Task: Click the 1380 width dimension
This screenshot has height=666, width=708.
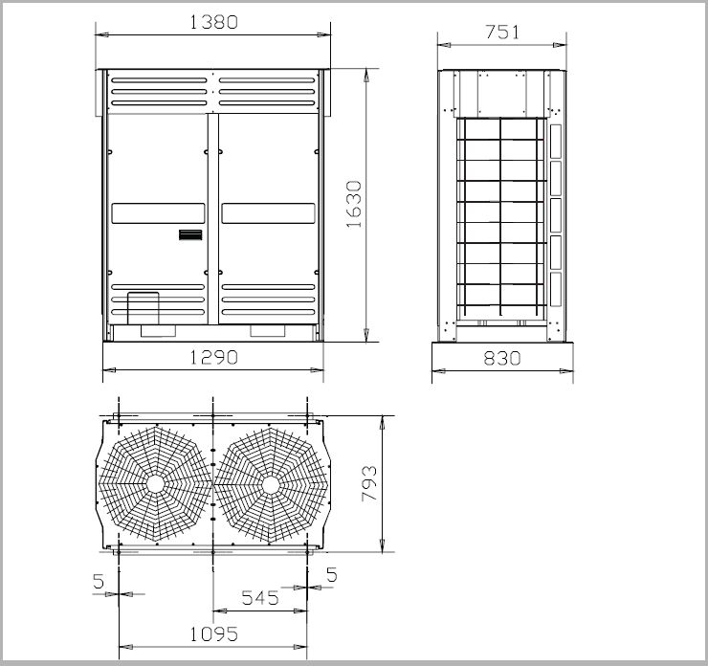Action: pyautogui.click(x=213, y=22)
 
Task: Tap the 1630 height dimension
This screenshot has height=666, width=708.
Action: pyautogui.click(x=354, y=204)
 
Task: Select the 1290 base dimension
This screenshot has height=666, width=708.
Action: pyautogui.click(x=213, y=358)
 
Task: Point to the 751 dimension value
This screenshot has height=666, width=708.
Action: pyautogui.click(x=502, y=33)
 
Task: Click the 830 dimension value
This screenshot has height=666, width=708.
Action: pyautogui.click(x=502, y=359)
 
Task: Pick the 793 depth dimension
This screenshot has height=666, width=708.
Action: pyautogui.click(x=369, y=483)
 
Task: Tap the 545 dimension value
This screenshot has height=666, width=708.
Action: pyautogui.click(x=260, y=598)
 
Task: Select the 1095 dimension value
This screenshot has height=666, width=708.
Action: pyautogui.click(x=213, y=634)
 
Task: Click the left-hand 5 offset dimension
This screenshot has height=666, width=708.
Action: pyautogui.click(x=99, y=581)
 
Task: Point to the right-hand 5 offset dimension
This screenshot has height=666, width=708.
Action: pyautogui.click(x=332, y=575)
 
